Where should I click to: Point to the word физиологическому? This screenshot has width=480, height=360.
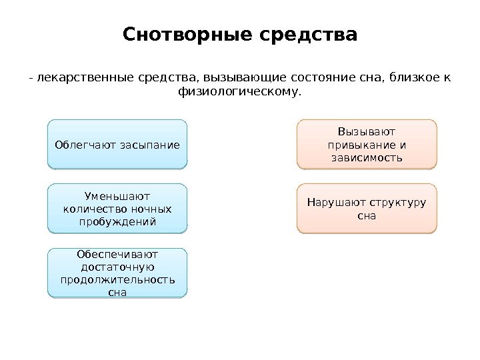pos(239,91)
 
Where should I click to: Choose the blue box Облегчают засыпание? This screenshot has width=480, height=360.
pos(117,144)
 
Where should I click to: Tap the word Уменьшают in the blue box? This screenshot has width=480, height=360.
pos(117,196)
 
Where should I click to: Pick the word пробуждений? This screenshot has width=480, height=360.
pos(117,221)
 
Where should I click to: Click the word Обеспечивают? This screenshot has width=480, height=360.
pos(117,254)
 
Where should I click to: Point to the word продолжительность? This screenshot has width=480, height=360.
pos(117,279)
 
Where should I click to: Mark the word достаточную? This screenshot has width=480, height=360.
pos(117,267)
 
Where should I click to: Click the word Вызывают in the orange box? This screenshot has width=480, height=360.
pos(366,132)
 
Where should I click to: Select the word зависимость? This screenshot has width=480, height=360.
pos(366,157)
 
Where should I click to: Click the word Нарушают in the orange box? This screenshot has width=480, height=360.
pos(329,203)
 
